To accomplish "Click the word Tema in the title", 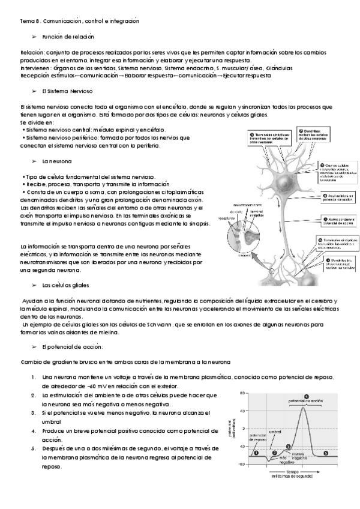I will click(x=28, y=21).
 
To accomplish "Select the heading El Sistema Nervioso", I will click(x=67, y=92).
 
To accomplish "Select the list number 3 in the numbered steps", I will click(x=33, y=413).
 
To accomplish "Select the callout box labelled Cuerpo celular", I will click(x=337, y=172).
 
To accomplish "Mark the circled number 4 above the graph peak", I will click(x=306, y=396).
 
